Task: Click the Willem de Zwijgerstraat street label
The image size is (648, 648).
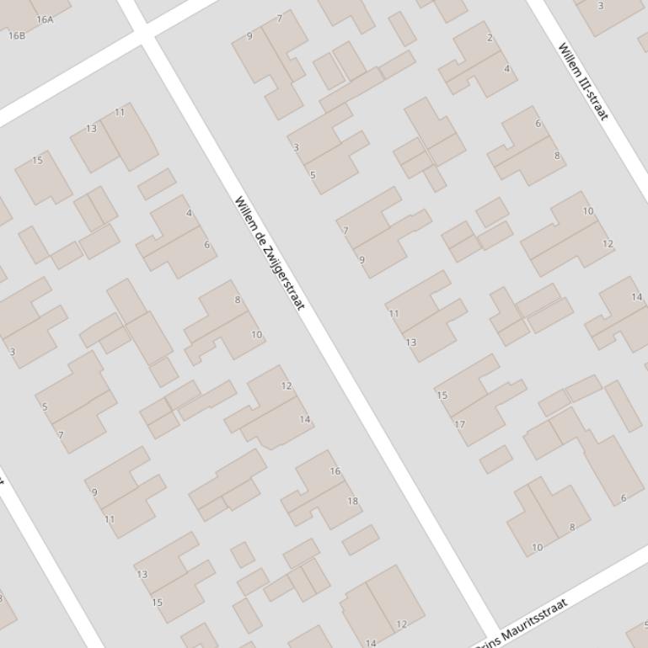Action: pos(269,252)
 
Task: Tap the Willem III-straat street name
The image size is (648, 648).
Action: pos(583,81)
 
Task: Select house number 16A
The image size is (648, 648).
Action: pos(46,19)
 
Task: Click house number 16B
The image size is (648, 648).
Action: pos(17,35)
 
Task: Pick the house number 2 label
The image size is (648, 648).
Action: pos(490,38)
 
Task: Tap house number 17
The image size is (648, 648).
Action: pos(460,424)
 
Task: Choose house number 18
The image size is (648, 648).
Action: pos(352,501)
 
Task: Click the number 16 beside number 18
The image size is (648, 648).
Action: pos(335,471)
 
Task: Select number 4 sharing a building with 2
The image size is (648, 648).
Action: pos(506,69)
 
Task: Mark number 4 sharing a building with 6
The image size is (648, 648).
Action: pos(189,213)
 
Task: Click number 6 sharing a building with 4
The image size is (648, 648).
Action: pos(206,245)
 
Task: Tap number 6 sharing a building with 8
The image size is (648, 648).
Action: pos(538,124)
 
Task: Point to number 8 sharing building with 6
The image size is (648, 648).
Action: pos(556,156)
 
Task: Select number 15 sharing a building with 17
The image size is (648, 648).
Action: pos(442,395)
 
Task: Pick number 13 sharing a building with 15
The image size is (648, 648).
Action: pos(142,575)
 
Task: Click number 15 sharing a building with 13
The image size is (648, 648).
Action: pos(157,603)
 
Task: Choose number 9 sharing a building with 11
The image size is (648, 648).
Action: pos(94,492)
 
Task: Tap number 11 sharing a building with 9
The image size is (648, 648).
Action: pos(110,519)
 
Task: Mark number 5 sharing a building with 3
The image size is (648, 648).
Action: pos(313,175)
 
